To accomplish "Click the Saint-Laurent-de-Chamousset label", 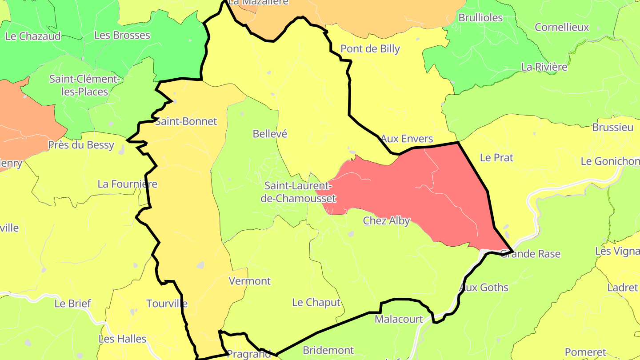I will point(298,192).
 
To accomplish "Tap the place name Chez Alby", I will point(386,220).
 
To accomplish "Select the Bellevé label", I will point(270,134).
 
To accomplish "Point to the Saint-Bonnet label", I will point(186,121).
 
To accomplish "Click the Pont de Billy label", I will point(370,49).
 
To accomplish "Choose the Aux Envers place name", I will point(407,139).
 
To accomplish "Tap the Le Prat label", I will point(496,158).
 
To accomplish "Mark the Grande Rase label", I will point(530,254).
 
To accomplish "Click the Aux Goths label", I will point(484,288).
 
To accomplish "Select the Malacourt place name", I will point(399,319).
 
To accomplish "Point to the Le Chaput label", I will point(316,303).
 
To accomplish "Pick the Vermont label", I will point(249,281).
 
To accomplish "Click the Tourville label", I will point(167,304).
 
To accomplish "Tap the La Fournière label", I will point(127,184).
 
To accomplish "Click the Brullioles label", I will point(480,18).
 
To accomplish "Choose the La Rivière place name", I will point(544,67).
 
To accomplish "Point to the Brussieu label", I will point(612,128).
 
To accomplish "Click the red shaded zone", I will point(427,196).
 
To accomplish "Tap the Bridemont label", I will point(328,350).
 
